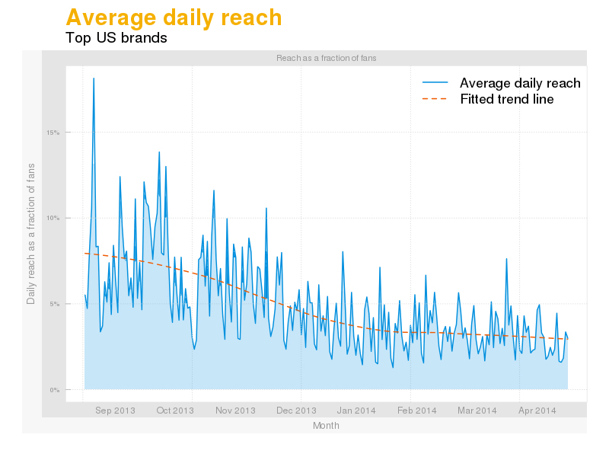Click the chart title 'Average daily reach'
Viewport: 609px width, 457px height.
tap(174, 18)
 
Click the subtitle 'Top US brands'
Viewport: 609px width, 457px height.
tap(116, 37)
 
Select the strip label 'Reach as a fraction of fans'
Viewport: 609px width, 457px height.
tap(326, 58)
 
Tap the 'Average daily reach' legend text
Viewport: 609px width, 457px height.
tap(520, 83)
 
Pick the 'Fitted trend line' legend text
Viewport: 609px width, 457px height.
tap(507, 100)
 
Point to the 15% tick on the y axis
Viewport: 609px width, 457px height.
tap(53, 133)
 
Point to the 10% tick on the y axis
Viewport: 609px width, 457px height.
tap(53, 219)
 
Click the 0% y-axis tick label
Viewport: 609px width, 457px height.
tap(55, 390)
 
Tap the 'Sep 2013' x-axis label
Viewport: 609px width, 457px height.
tap(115, 411)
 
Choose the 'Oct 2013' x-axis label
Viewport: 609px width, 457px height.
tap(175, 411)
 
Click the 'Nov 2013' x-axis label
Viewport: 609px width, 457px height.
tap(235, 411)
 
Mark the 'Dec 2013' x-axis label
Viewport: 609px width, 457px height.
tap(295, 411)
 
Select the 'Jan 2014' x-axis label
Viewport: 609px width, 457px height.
tap(356, 411)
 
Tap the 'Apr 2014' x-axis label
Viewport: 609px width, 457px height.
tap(537, 411)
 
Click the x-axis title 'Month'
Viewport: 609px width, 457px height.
tap(326, 426)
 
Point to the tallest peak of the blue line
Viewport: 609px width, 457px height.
tap(94, 78)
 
